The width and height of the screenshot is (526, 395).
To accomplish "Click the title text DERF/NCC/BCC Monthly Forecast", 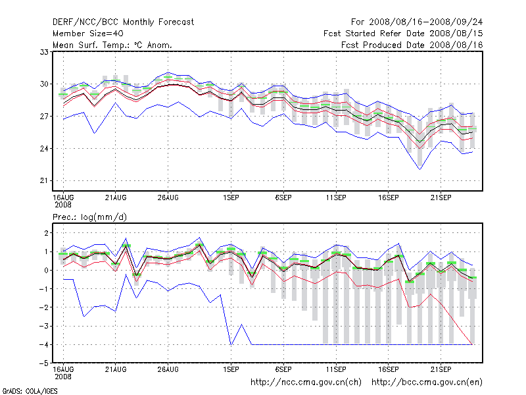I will pos(123,22).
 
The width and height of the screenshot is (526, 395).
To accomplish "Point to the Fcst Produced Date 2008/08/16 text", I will pos(412,45).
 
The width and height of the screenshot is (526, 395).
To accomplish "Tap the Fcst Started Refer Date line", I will pos(403,33).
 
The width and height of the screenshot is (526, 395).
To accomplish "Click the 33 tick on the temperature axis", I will pos(45,51).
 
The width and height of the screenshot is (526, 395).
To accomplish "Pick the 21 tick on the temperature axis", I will pos(45,180).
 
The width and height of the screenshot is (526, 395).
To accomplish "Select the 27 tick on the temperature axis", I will pos(45,116).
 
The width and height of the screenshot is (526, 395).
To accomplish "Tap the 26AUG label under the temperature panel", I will pos(168,197).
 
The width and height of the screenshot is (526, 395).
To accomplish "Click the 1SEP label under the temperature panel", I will pos(231,197).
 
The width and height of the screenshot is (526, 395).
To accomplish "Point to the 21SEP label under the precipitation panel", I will pos(441,367).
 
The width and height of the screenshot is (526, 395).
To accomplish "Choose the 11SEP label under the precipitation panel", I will pos(336,367).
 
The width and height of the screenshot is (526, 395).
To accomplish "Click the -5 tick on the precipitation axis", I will pos(43,363).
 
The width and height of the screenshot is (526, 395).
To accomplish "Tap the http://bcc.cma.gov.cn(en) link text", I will pos(427,382).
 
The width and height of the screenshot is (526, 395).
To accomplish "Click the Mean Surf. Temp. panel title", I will pos(112,45).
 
